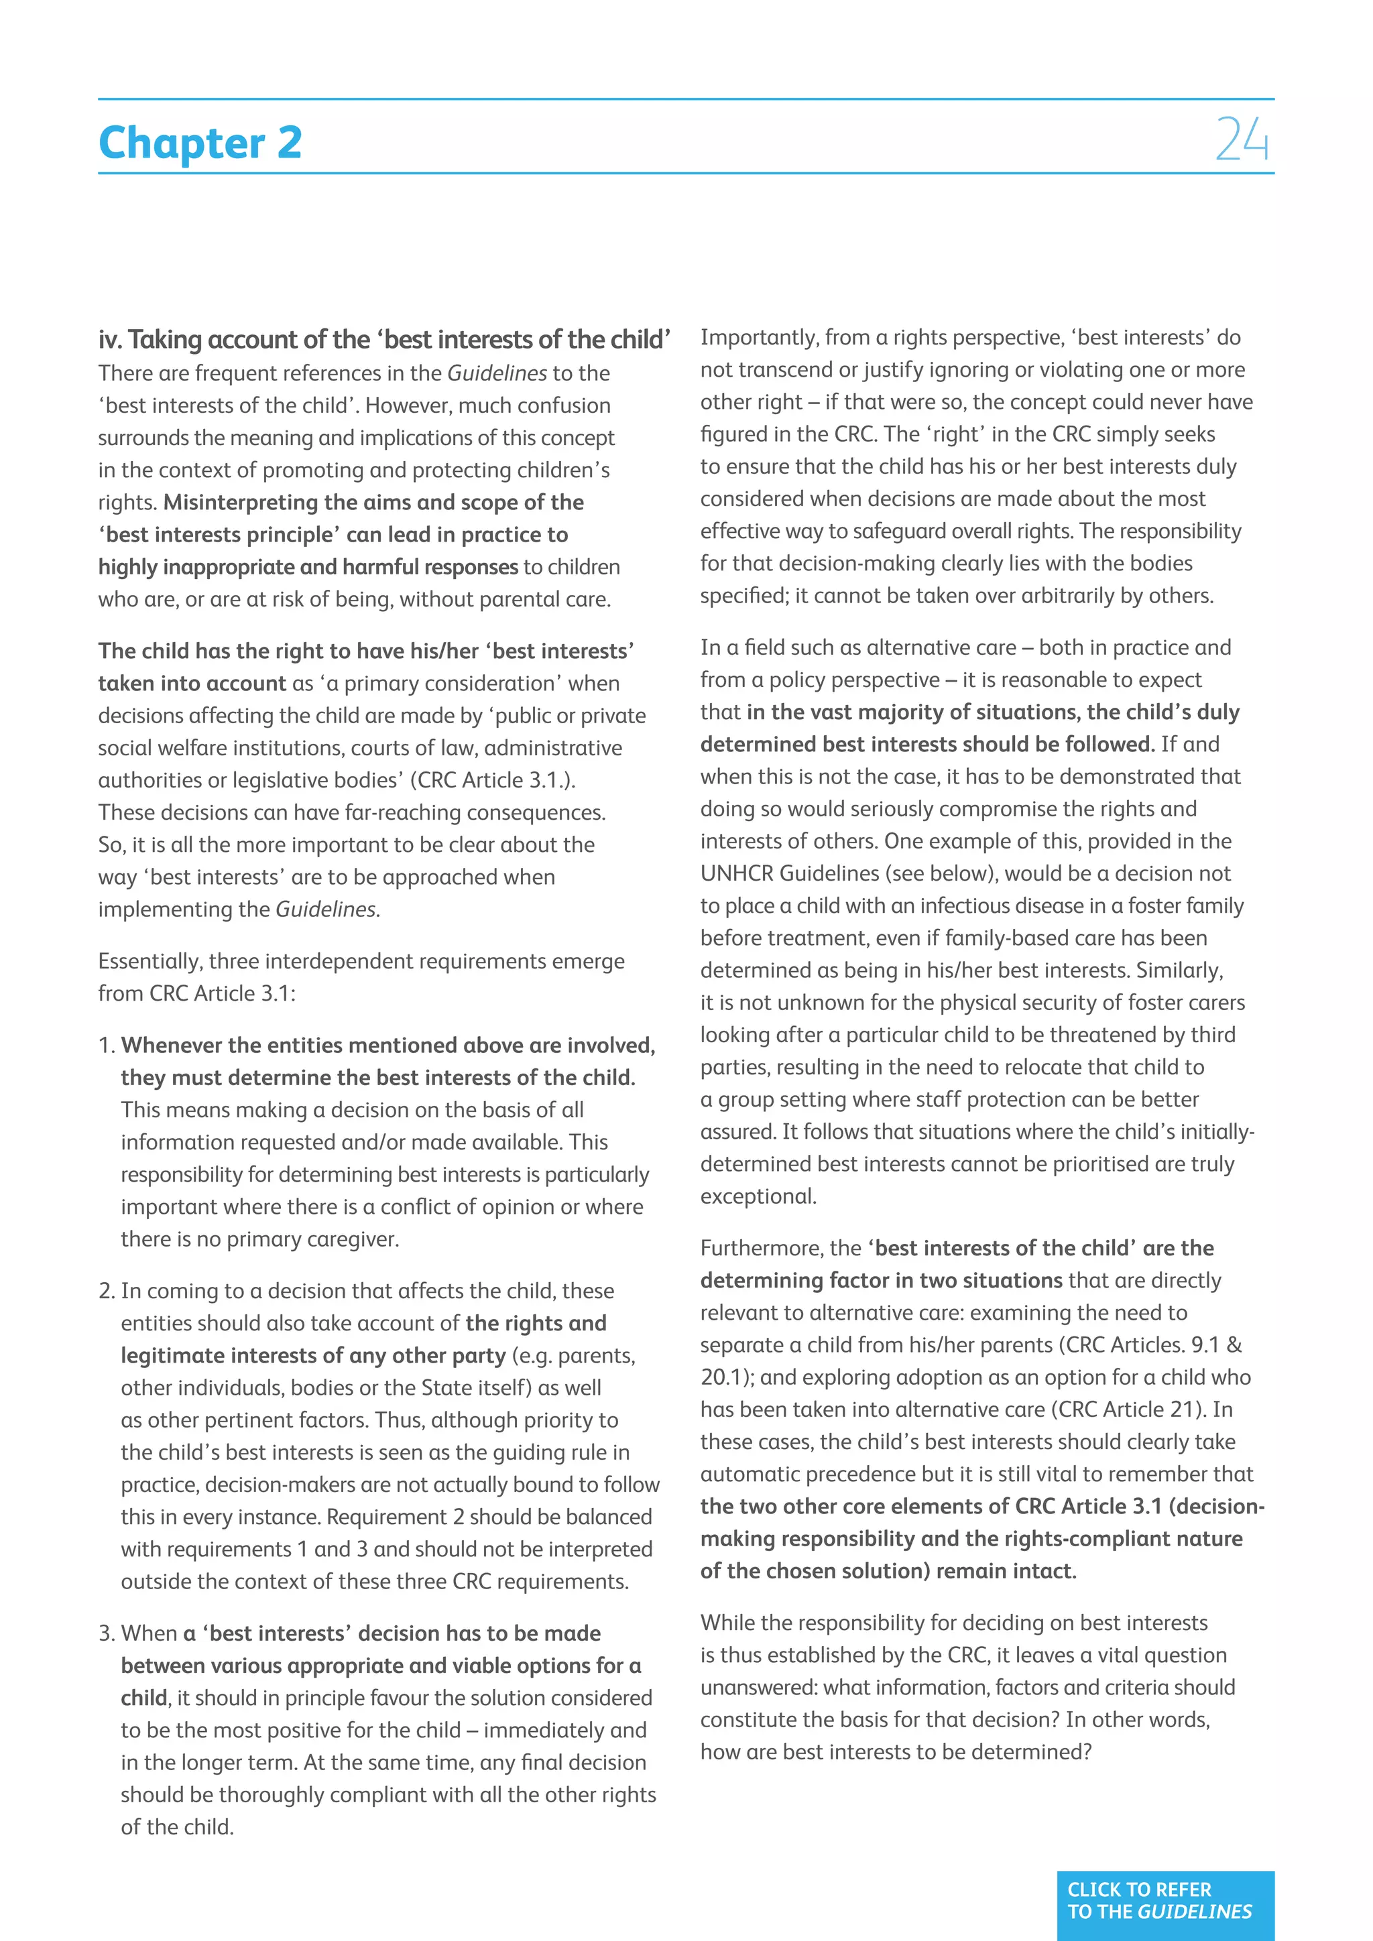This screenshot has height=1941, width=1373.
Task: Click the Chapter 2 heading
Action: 200,142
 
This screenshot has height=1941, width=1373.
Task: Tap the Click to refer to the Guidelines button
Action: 1165,1900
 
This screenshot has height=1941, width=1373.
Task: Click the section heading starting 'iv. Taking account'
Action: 384,340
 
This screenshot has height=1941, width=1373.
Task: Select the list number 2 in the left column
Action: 106,1291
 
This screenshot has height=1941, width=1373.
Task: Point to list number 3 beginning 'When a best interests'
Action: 106,1633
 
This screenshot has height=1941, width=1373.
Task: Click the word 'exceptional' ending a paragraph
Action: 757,1196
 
